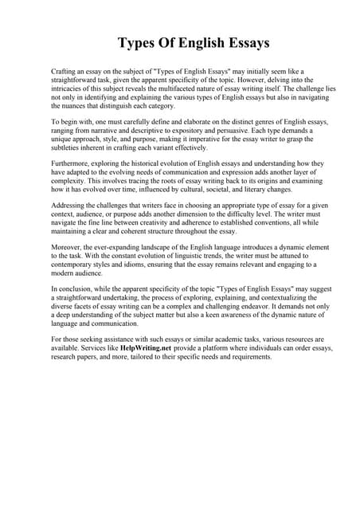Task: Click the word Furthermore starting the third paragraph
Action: (71, 163)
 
